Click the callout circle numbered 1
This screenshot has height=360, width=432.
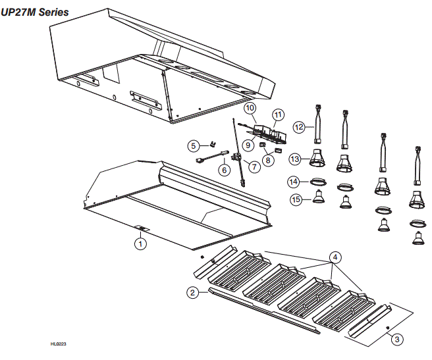(x=140, y=243)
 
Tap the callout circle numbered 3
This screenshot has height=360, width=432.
(x=396, y=339)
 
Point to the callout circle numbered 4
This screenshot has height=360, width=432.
(x=335, y=256)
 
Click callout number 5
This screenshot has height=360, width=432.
(x=193, y=145)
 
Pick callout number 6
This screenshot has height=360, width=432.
(x=224, y=170)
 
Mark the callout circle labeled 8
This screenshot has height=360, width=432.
(x=268, y=158)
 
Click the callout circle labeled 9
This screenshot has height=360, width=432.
(x=248, y=144)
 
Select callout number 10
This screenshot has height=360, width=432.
(x=250, y=107)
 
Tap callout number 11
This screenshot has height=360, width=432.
(x=278, y=115)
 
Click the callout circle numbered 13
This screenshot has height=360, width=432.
(x=294, y=159)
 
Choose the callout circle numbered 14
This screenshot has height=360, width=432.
(x=294, y=181)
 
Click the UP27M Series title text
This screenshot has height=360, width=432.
(x=35, y=12)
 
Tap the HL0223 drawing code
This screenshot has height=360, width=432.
(x=59, y=344)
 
